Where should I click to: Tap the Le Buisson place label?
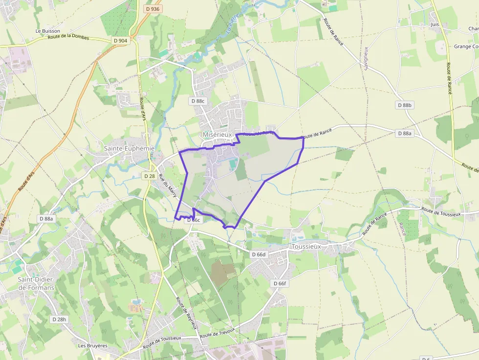point(48,31)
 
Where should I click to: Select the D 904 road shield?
point(120,41)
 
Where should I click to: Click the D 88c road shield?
point(199,101)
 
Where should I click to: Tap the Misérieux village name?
point(217,134)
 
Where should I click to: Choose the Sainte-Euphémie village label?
point(129,148)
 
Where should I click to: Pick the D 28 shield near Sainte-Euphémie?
point(150,176)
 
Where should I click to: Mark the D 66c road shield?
point(194,220)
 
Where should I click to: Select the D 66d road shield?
point(259,254)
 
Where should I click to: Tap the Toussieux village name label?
point(306,247)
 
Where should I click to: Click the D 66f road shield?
point(280,283)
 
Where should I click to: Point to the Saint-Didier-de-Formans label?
point(36,283)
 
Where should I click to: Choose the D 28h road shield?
point(59,319)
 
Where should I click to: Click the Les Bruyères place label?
point(93,345)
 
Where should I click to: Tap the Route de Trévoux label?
point(218,334)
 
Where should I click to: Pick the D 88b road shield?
point(405,105)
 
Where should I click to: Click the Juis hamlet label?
point(435,24)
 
